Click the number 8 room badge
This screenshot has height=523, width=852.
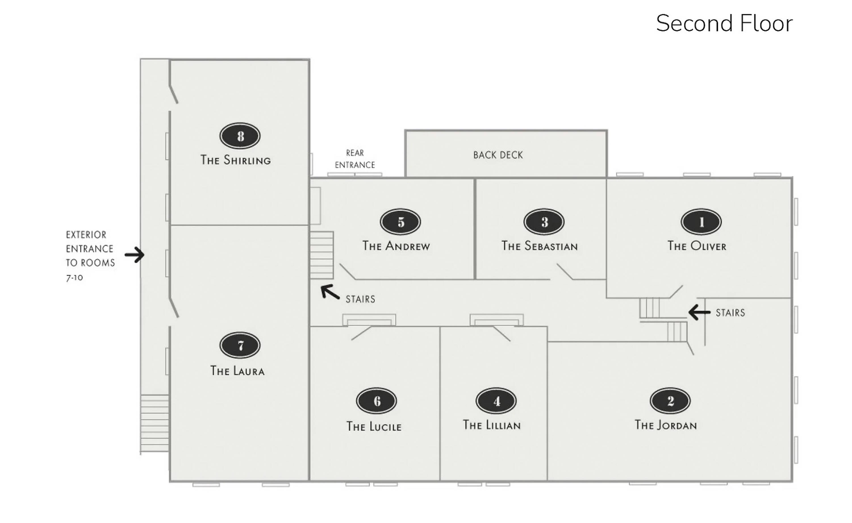(240, 136)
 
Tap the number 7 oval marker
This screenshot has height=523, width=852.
(240, 345)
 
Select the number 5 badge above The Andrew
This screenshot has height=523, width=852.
(400, 222)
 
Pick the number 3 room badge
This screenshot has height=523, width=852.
(544, 222)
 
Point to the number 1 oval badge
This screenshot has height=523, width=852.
(701, 222)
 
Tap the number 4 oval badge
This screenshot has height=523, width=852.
(496, 401)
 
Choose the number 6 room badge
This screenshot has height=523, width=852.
(376, 401)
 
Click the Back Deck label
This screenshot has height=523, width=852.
(498, 155)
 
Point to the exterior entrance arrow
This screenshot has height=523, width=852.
(135, 255)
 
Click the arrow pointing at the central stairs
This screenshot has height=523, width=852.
(330, 292)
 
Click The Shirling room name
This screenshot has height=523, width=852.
(235, 160)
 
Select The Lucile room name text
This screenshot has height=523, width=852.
(374, 426)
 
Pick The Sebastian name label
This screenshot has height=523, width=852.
(540, 246)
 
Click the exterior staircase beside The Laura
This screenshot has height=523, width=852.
(154, 423)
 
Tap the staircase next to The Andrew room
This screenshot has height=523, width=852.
(321, 255)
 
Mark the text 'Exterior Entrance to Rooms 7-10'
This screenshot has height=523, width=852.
(90, 256)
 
